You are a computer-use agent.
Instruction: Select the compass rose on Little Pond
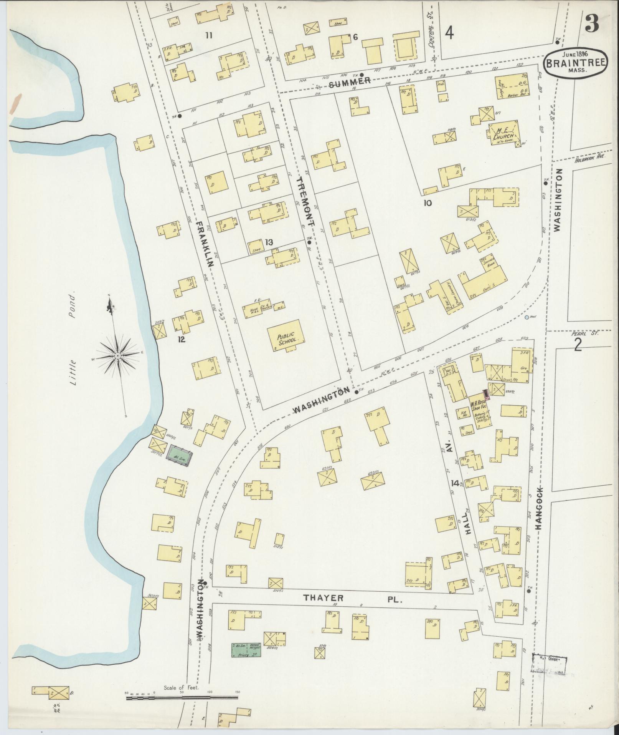tap(117, 356)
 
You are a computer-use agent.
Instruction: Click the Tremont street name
tap(307, 201)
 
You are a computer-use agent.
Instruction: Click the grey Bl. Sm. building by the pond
tap(179, 456)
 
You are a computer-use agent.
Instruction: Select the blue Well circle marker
tap(527, 317)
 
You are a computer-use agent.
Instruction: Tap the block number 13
tap(268, 242)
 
